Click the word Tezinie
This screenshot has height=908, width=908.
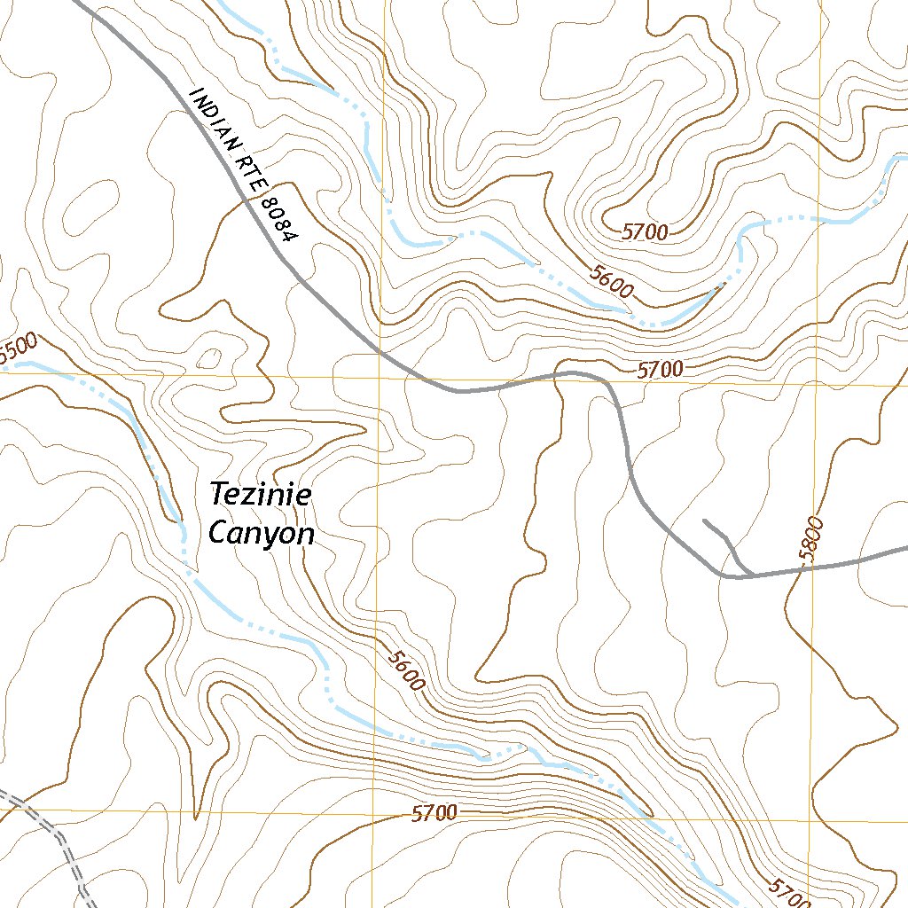[x=260, y=495]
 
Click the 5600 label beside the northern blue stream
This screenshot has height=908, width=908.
[x=610, y=279]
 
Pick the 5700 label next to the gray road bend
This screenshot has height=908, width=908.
[x=660, y=369]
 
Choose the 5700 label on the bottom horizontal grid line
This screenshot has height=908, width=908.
[x=434, y=813]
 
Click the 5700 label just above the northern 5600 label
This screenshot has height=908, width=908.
[x=645, y=233]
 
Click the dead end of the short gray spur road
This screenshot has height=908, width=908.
[x=703, y=521]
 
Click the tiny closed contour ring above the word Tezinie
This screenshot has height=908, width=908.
[x=210, y=358]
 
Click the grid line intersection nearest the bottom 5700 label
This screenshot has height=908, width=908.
[x=373, y=810]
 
